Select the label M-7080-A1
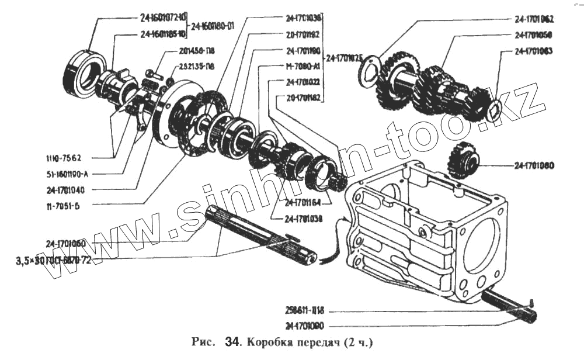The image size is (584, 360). pyautogui.click(x=304, y=66)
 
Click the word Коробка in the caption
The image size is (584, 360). pyautogui.click(x=267, y=341)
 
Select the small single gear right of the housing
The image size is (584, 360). pyautogui.click(x=463, y=161)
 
